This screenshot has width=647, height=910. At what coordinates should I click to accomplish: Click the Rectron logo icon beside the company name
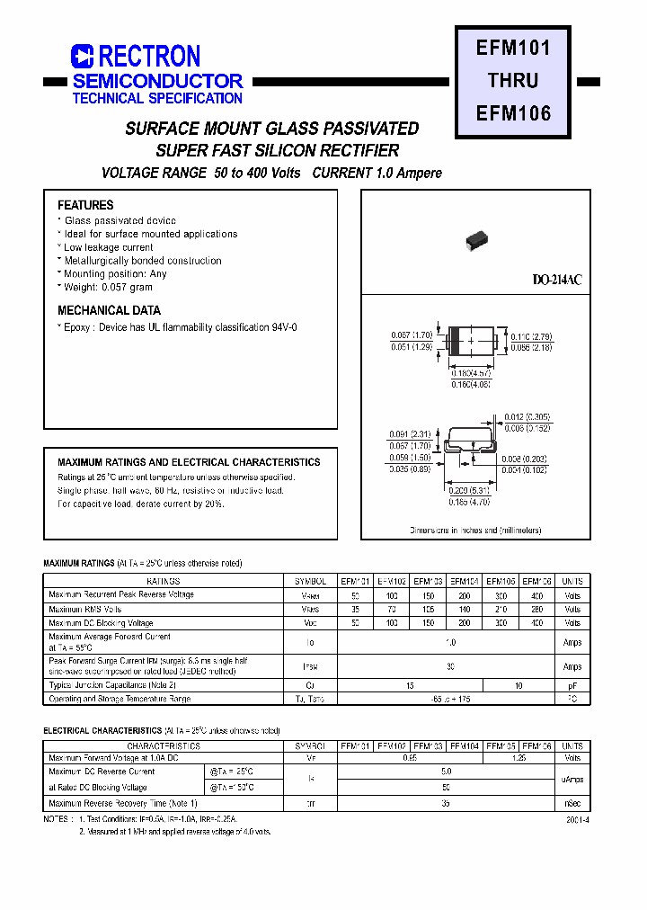[82, 57]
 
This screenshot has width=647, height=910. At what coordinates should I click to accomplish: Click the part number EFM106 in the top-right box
[513, 113]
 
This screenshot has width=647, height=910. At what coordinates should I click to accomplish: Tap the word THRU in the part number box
[513, 80]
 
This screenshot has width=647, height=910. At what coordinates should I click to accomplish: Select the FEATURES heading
[85, 205]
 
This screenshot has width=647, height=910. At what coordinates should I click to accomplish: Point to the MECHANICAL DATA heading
[109, 310]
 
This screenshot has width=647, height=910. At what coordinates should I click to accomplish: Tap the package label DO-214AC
[557, 281]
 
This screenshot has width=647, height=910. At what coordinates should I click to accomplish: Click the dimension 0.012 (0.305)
[527, 416]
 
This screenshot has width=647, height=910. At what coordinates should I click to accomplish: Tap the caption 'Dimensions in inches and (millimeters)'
[475, 531]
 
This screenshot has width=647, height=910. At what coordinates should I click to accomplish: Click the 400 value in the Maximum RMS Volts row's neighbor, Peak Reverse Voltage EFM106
[536, 595]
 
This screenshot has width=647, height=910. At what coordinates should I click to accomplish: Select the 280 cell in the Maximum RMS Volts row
[536, 609]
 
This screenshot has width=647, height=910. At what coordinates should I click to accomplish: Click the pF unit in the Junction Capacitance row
[572, 685]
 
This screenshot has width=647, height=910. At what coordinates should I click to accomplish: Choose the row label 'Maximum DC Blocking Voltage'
[101, 622]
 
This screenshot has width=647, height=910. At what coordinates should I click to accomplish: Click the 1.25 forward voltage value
[518, 759]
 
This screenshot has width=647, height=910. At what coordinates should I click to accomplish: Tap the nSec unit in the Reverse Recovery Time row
[572, 803]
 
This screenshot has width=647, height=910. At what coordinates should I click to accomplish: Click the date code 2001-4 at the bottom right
[579, 820]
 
